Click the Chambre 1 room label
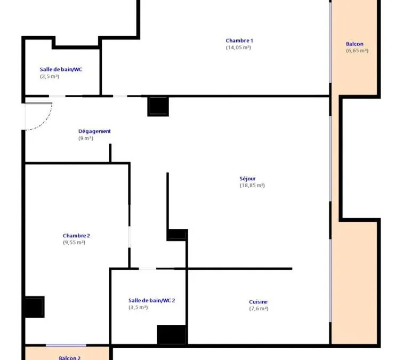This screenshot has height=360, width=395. (x=239, y=41)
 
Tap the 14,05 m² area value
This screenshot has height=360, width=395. (x=238, y=47)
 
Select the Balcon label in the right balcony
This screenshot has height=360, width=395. (x=354, y=44)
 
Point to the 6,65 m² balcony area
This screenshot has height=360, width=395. (x=357, y=51)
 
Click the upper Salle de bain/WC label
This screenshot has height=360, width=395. (x=61, y=69)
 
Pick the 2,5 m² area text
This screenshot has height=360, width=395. (x=50, y=76)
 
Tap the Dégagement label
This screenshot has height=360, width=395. (x=94, y=131)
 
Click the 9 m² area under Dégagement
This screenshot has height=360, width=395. (x=86, y=138)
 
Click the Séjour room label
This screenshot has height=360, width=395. (x=247, y=179)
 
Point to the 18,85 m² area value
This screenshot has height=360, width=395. (x=252, y=185)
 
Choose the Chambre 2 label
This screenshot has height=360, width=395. (x=76, y=236)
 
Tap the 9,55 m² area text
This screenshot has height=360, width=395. (x=74, y=243)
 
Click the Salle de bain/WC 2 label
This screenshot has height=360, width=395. (x=151, y=300)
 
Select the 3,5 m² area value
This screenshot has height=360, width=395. (x=138, y=307)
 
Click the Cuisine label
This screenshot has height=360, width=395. (x=258, y=302)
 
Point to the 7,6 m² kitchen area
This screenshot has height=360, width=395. (x=259, y=309)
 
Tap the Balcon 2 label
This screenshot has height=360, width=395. (x=70, y=358)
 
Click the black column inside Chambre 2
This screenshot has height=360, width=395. (x=35, y=307)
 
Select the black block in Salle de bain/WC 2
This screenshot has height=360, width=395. (x=172, y=334)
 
